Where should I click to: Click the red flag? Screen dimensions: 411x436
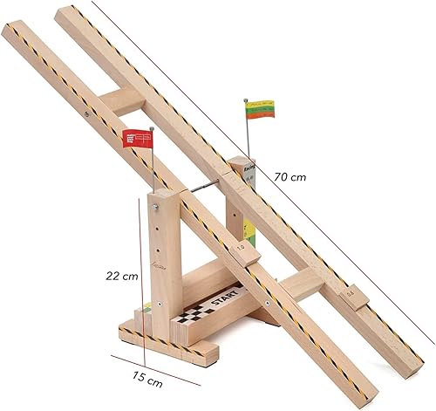(x=136, y=138)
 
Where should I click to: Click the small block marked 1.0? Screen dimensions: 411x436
(x=241, y=249)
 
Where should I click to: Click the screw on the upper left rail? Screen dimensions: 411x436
(x=85, y=112)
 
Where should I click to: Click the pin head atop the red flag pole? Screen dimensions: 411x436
(x=153, y=127)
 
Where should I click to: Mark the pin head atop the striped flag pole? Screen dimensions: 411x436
(x=245, y=100)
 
